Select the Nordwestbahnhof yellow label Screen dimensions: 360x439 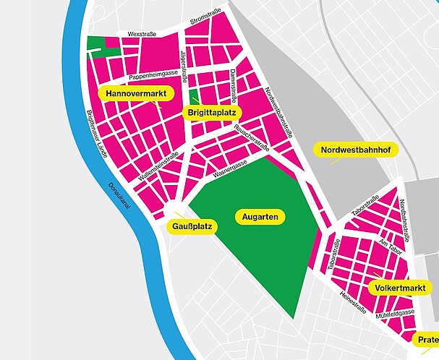354,150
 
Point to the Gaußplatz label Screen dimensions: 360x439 192,227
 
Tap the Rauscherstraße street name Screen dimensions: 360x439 252,137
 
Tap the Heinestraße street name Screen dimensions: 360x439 352,302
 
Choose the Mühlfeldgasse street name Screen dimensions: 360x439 393,314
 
